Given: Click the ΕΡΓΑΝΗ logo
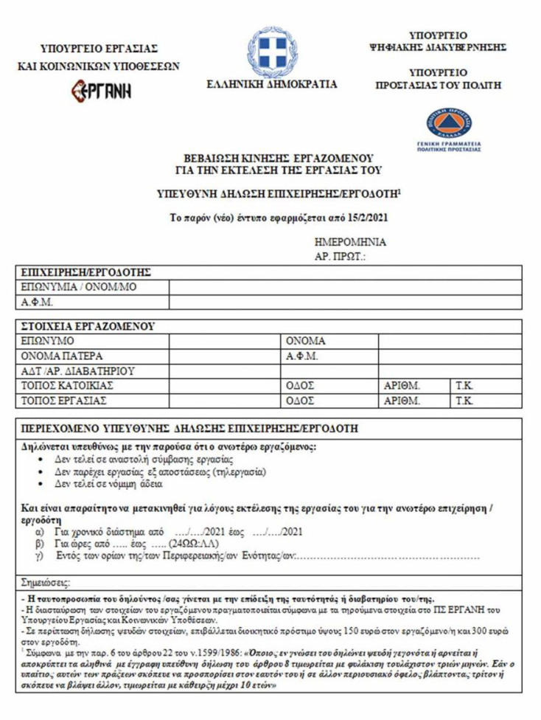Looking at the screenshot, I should pos(100,91).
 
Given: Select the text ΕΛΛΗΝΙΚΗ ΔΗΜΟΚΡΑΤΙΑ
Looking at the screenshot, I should pos(272,84).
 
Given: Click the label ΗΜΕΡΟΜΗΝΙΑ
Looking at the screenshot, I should pos(350,242).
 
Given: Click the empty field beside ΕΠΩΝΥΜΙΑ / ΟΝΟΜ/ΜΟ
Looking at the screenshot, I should pos(346,287).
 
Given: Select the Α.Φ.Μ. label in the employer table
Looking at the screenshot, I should pos(38,302).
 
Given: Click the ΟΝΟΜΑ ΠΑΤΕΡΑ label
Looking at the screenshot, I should pos(62,356).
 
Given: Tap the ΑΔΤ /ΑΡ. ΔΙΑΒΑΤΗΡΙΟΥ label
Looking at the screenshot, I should pos(78,370).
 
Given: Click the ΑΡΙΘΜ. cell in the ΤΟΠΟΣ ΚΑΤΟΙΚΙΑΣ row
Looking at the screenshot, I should pos(402,385).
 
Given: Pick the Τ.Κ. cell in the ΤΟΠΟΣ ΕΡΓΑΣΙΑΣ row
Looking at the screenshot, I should pos(464,401).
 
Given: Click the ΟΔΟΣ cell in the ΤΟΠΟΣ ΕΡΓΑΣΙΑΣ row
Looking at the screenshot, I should pos(300,401).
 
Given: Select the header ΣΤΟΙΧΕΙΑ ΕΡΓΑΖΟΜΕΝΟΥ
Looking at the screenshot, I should pos(88,325).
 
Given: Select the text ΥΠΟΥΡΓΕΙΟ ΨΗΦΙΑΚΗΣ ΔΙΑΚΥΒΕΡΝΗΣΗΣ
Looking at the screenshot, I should pos(438,41).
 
